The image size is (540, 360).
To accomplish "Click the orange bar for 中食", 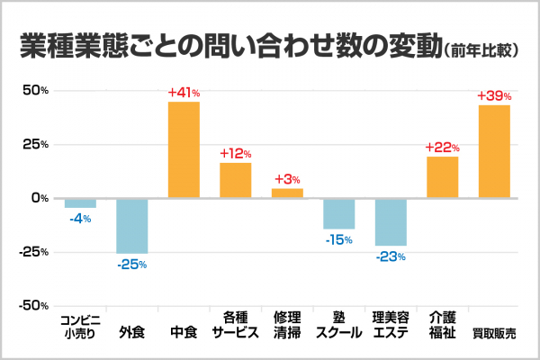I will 184,149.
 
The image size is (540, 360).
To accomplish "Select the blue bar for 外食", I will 131,225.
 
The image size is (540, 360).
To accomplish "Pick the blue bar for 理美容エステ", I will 391,221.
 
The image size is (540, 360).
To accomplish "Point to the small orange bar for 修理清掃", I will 287,193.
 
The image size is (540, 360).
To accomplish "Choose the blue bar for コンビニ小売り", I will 80,202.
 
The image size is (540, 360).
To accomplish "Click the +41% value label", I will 184,93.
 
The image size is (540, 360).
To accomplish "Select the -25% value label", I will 131,264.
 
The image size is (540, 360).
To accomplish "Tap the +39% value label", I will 494,95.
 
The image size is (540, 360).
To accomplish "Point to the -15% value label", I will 339,239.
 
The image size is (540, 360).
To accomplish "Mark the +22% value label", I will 443,147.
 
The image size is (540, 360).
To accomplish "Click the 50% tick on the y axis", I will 35,91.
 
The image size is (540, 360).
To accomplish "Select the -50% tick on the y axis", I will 32,306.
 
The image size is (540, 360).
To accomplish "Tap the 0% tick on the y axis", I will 39,198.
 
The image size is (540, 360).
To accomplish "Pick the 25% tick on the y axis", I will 35,144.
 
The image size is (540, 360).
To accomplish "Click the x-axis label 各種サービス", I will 235,325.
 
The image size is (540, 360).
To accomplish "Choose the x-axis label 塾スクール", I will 339,325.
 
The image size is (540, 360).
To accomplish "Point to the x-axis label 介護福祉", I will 443,325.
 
